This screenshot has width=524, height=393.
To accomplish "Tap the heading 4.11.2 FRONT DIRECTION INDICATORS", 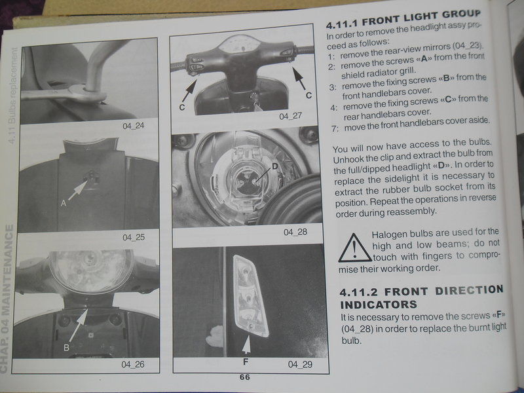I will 422,297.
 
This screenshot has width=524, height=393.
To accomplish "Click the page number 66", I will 244,377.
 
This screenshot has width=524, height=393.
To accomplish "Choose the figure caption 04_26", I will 133,362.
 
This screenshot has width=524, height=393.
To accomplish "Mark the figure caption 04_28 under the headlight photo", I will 294,232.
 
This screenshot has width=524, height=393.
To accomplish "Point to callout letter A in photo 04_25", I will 63,204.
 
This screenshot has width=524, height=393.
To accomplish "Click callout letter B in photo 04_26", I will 66,348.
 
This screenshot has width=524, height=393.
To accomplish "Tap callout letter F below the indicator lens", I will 246,360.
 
